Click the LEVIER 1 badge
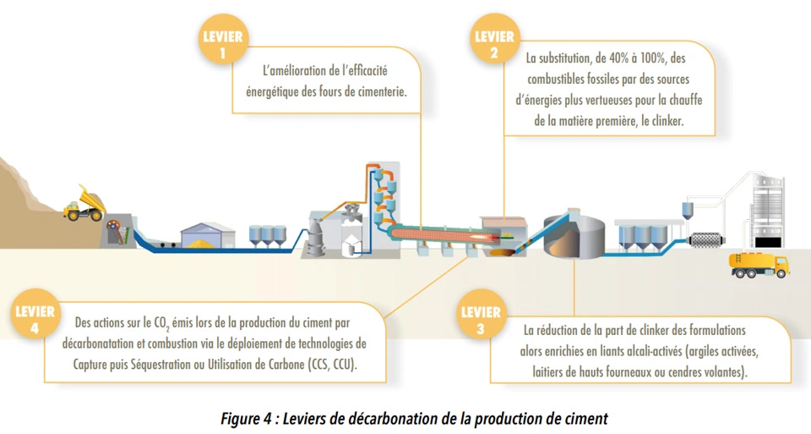pyautogui.click(x=223, y=44)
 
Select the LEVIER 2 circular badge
pyautogui.click(x=494, y=44)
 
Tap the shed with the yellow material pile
pyautogui.click(x=205, y=236)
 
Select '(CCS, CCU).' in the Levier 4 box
pyautogui.click(x=334, y=366)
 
